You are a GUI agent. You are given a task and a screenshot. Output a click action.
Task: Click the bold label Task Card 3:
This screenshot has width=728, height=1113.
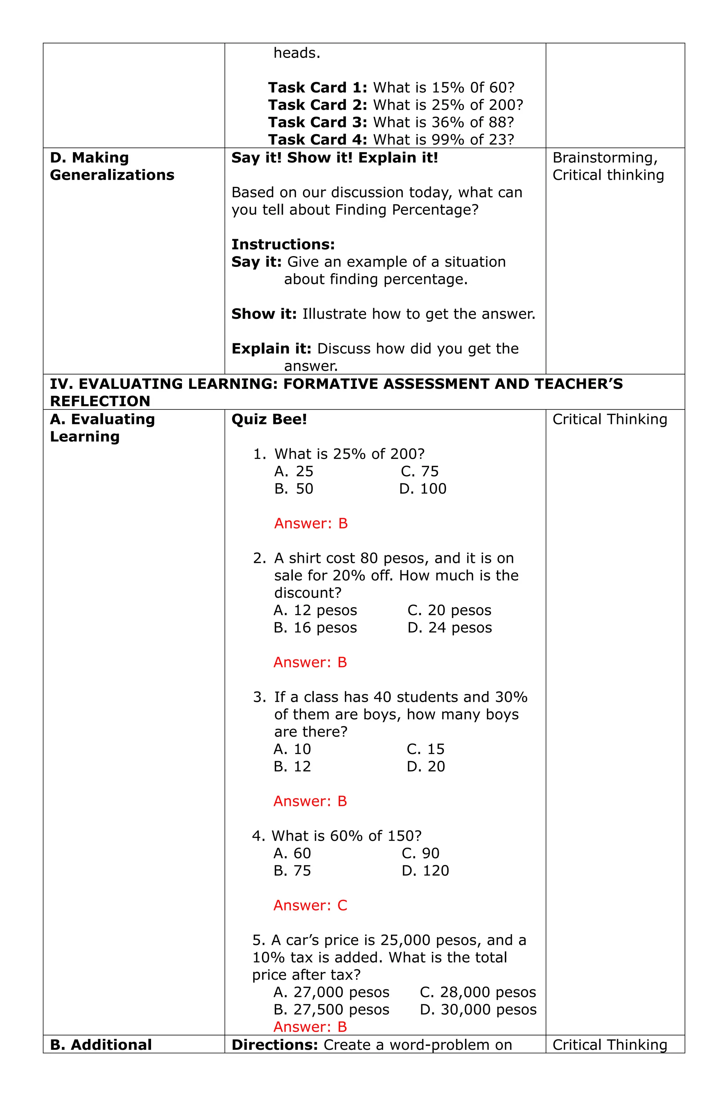(x=317, y=123)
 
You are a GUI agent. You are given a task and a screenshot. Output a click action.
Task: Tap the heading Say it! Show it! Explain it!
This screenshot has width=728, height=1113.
(x=334, y=158)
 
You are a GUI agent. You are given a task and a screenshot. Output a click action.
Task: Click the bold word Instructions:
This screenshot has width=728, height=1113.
(x=283, y=244)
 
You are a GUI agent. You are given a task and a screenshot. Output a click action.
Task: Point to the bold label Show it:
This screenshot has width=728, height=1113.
(x=264, y=314)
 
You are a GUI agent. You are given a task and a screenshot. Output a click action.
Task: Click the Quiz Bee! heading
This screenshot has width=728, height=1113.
(x=269, y=419)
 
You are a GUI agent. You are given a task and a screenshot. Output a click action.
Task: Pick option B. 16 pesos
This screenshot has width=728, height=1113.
(x=315, y=628)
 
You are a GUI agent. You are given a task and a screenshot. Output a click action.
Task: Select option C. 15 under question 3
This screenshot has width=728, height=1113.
(x=425, y=749)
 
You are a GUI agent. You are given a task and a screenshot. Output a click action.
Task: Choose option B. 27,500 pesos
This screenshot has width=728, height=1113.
(x=331, y=1010)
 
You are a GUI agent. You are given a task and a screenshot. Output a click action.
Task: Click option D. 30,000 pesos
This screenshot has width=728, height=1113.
(x=478, y=1010)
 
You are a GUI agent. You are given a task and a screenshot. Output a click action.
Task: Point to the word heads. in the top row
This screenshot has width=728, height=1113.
(x=296, y=53)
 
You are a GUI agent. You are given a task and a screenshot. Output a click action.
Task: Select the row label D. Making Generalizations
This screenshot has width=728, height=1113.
(x=112, y=166)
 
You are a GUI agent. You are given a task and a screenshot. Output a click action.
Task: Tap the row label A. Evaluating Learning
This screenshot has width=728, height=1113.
(x=102, y=428)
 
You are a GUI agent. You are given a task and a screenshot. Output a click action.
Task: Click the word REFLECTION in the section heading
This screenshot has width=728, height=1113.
(x=100, y=401)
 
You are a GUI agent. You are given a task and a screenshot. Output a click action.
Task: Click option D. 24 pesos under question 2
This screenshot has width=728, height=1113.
(x=449, y=628)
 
